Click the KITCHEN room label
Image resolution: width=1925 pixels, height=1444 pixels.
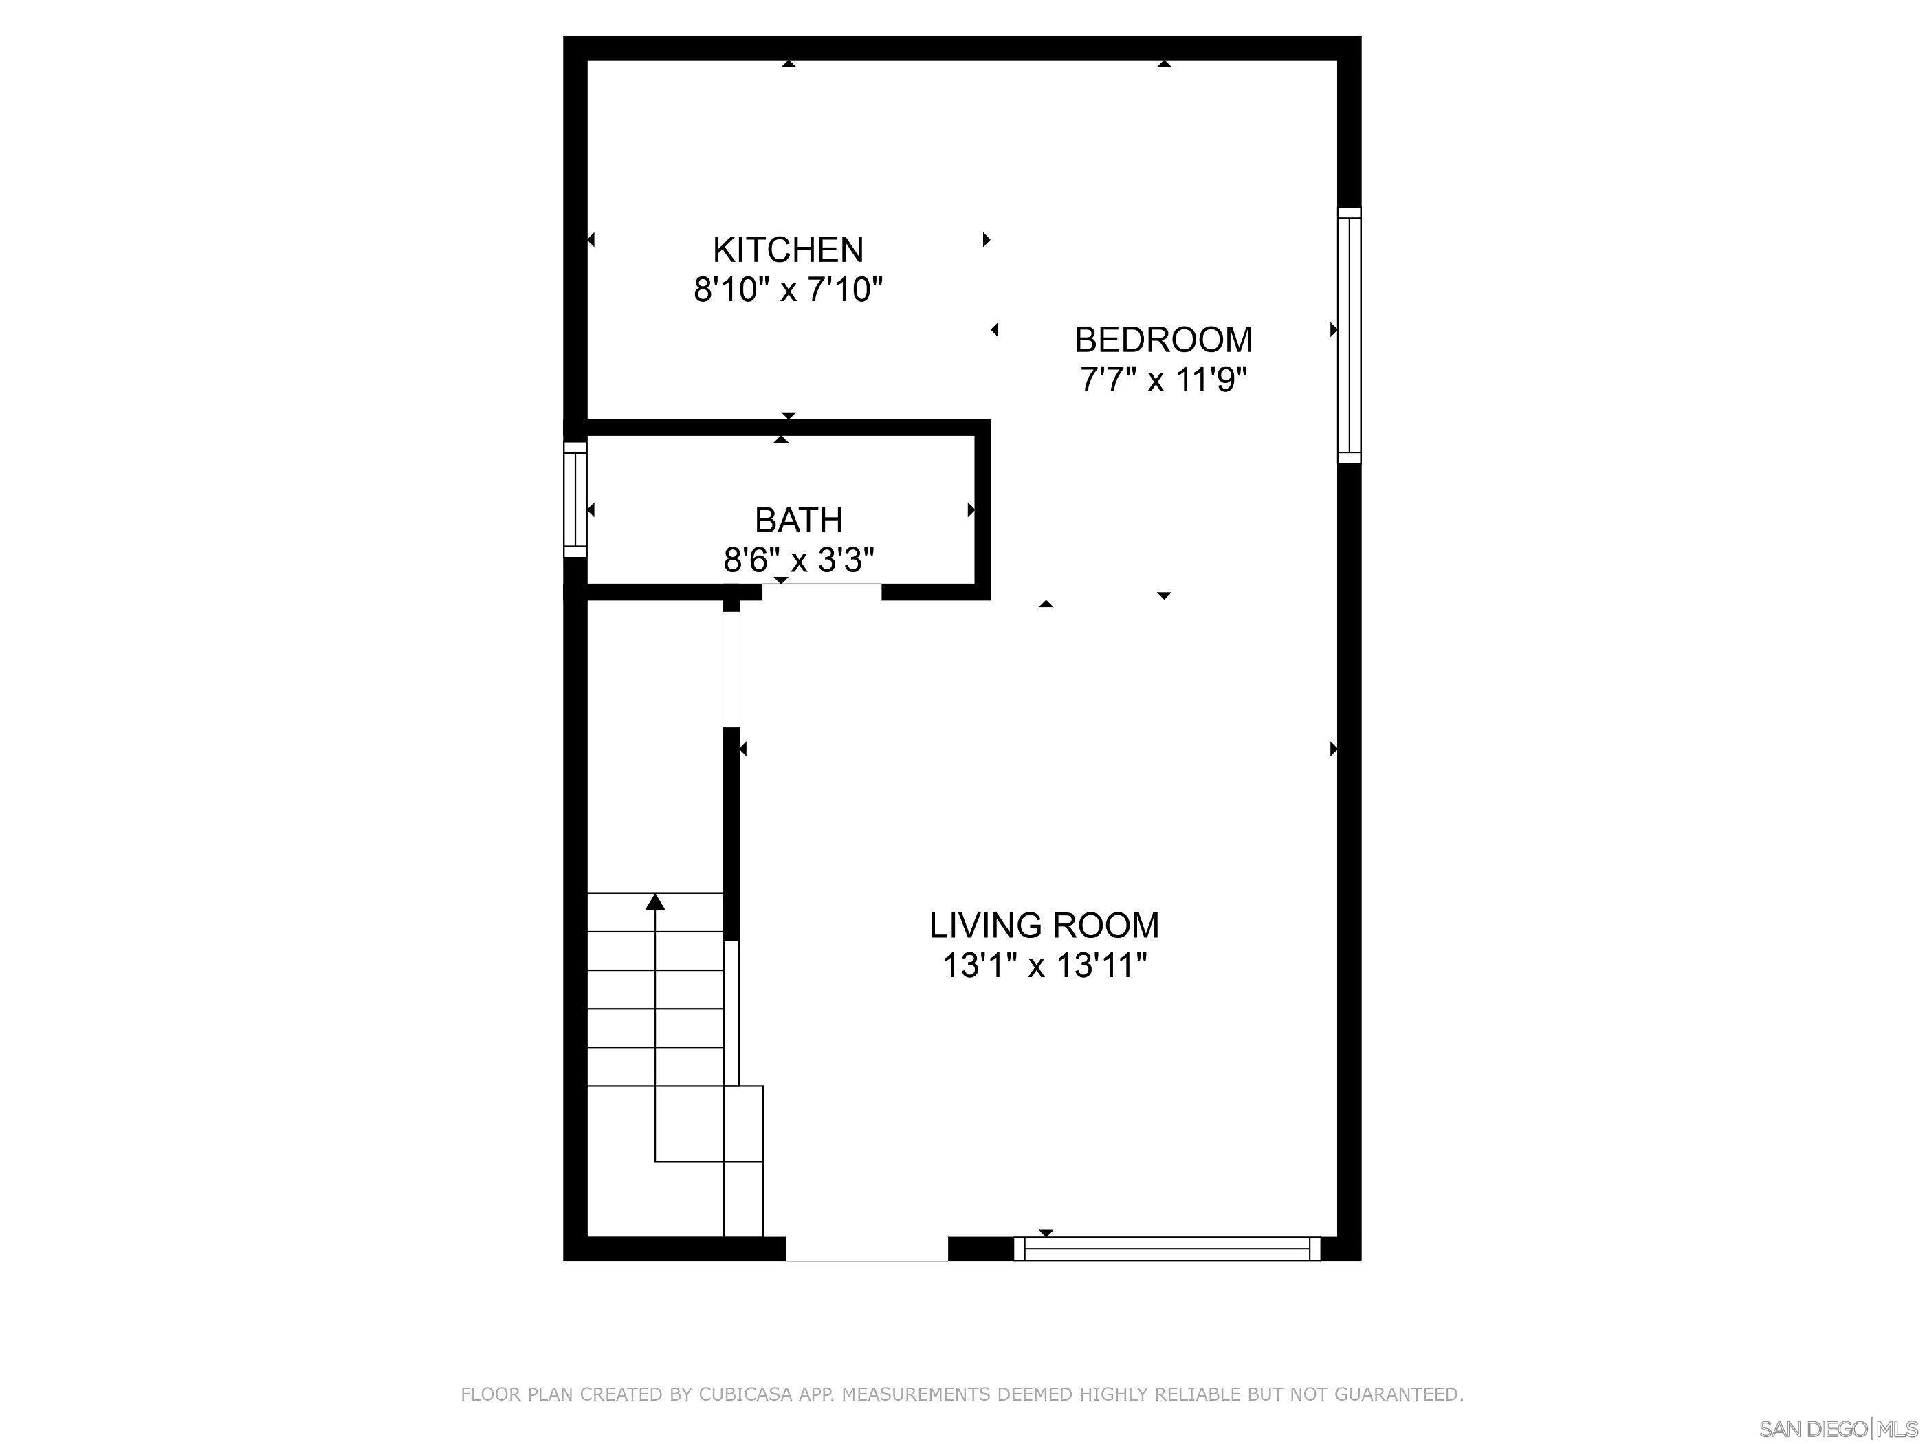788,250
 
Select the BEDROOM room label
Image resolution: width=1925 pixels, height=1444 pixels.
1163,340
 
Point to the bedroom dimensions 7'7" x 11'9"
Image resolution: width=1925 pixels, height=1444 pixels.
1163,380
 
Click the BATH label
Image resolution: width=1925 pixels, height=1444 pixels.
798,521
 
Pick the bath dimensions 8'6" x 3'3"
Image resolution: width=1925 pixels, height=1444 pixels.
798,560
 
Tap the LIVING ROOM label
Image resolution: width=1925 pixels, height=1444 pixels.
1044,926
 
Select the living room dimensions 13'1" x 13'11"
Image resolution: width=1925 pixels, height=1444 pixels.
1044,966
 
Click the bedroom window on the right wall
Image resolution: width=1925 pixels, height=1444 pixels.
1349,335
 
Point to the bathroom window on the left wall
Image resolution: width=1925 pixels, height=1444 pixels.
575,500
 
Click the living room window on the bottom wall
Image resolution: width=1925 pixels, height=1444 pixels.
1167,1249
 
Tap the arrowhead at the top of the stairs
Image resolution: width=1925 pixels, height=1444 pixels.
655,901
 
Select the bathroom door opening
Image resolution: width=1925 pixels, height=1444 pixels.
822,592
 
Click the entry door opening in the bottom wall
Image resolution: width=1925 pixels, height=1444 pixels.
867,1249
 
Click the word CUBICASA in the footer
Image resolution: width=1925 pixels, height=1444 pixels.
746,1394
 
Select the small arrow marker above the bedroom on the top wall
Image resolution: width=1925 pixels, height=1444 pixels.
1163,63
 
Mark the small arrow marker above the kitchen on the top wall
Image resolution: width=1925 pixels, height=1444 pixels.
789,63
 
